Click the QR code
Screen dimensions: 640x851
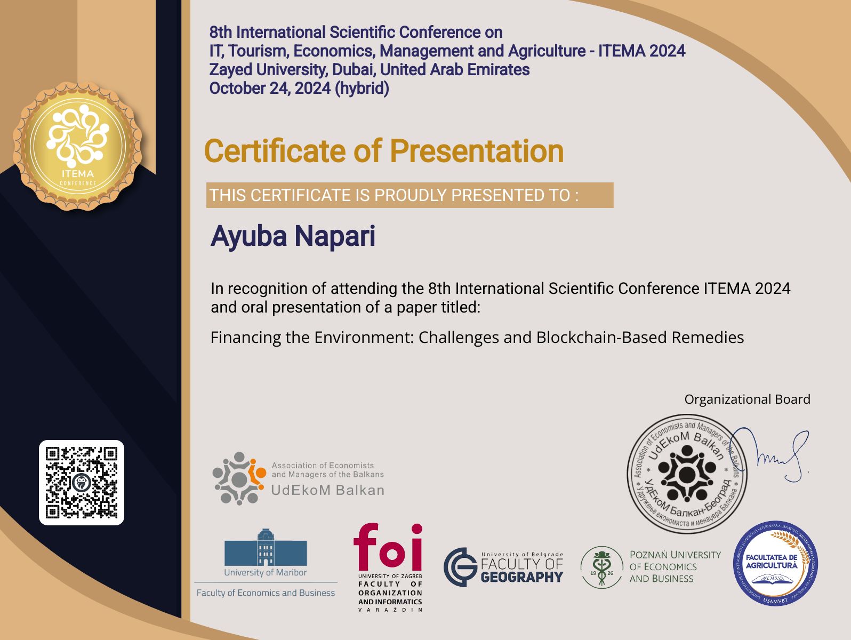click(x=82, y=483)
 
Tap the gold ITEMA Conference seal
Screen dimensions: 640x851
click(x=78, y=146)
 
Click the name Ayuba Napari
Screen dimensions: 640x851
click(x=293, y=236)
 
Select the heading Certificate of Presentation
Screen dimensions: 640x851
click(x=384, y=151)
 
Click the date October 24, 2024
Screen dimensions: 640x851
click(x=270, y=89)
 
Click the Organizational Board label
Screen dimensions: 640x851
click(x=747, y=399)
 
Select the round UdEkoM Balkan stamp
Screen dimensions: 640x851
click(x=686, y=474)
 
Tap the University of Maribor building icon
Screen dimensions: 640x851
click(x=266, y=548)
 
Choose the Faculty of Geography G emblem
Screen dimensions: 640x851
click(x=461, y=567)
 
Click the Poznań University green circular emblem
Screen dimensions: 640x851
click(x=601, y=567)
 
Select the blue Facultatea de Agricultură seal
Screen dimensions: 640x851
click(x=775, y=563)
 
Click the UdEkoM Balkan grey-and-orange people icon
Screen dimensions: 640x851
click(x=239, y=478)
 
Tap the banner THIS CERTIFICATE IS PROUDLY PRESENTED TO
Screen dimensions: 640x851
click(x=410, y=195)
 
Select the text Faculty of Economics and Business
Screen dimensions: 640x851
click(x=266, y=593)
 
